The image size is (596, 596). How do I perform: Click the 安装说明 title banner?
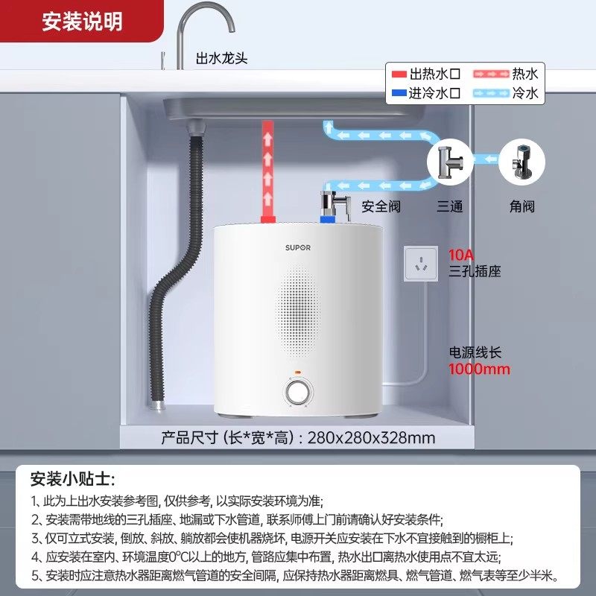pos(81,22)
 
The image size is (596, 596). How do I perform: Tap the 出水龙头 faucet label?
pos(222,57)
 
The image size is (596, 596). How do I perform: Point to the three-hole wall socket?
pos(421,263)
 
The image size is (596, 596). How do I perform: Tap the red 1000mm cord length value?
pos(479,369)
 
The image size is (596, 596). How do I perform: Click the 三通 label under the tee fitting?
pos(449,206)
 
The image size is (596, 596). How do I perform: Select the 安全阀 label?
pos(381,206)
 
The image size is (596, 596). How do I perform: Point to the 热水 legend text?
pos(524,74)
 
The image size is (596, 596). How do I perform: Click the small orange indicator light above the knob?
pos(297,370)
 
